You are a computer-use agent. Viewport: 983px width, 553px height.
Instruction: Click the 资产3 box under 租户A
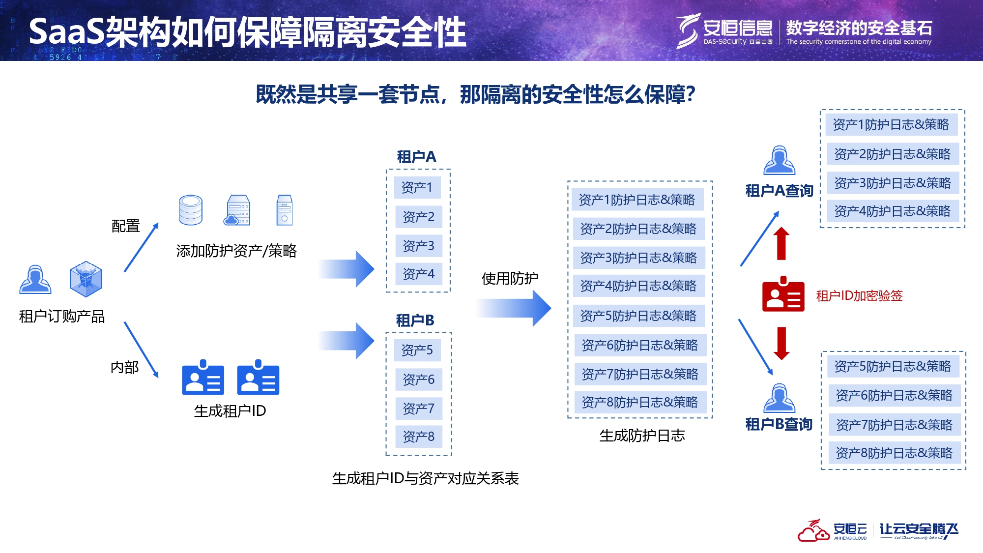coord(418,246)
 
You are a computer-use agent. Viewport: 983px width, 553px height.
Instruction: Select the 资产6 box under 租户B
coord(418,379)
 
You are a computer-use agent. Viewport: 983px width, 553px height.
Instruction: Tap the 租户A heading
coord(416,157)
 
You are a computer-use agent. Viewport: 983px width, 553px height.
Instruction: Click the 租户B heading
coord(415,320)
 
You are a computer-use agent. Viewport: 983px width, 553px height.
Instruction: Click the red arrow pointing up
coord(781,243)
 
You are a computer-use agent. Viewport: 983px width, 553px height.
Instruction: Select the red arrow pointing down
coord(781,343)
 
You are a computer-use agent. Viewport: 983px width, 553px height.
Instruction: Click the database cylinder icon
coord(191,210)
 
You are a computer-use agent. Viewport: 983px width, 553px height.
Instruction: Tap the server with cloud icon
coord(238,210)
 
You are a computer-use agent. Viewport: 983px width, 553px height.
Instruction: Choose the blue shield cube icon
coord(86,279)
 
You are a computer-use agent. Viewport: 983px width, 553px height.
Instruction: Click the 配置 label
coord(126,226)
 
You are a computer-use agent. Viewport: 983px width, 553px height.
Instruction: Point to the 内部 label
coord(124,367)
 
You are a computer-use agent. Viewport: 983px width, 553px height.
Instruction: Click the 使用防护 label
coord(510,279)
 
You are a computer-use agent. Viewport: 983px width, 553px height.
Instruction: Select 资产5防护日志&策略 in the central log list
coord(638,316)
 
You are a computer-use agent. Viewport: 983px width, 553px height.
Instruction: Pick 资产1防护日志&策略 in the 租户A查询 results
coord(891,125)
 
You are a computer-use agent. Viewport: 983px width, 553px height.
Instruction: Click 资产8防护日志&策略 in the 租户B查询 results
coord(894,453)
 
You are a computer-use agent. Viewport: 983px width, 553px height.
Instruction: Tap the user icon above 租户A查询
coord(779,160)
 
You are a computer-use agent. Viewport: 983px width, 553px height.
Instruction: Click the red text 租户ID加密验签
coord(859,295)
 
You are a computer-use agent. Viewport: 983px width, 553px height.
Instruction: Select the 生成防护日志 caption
coord(642,436)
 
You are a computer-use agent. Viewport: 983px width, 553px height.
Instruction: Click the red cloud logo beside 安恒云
coord(813,531)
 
